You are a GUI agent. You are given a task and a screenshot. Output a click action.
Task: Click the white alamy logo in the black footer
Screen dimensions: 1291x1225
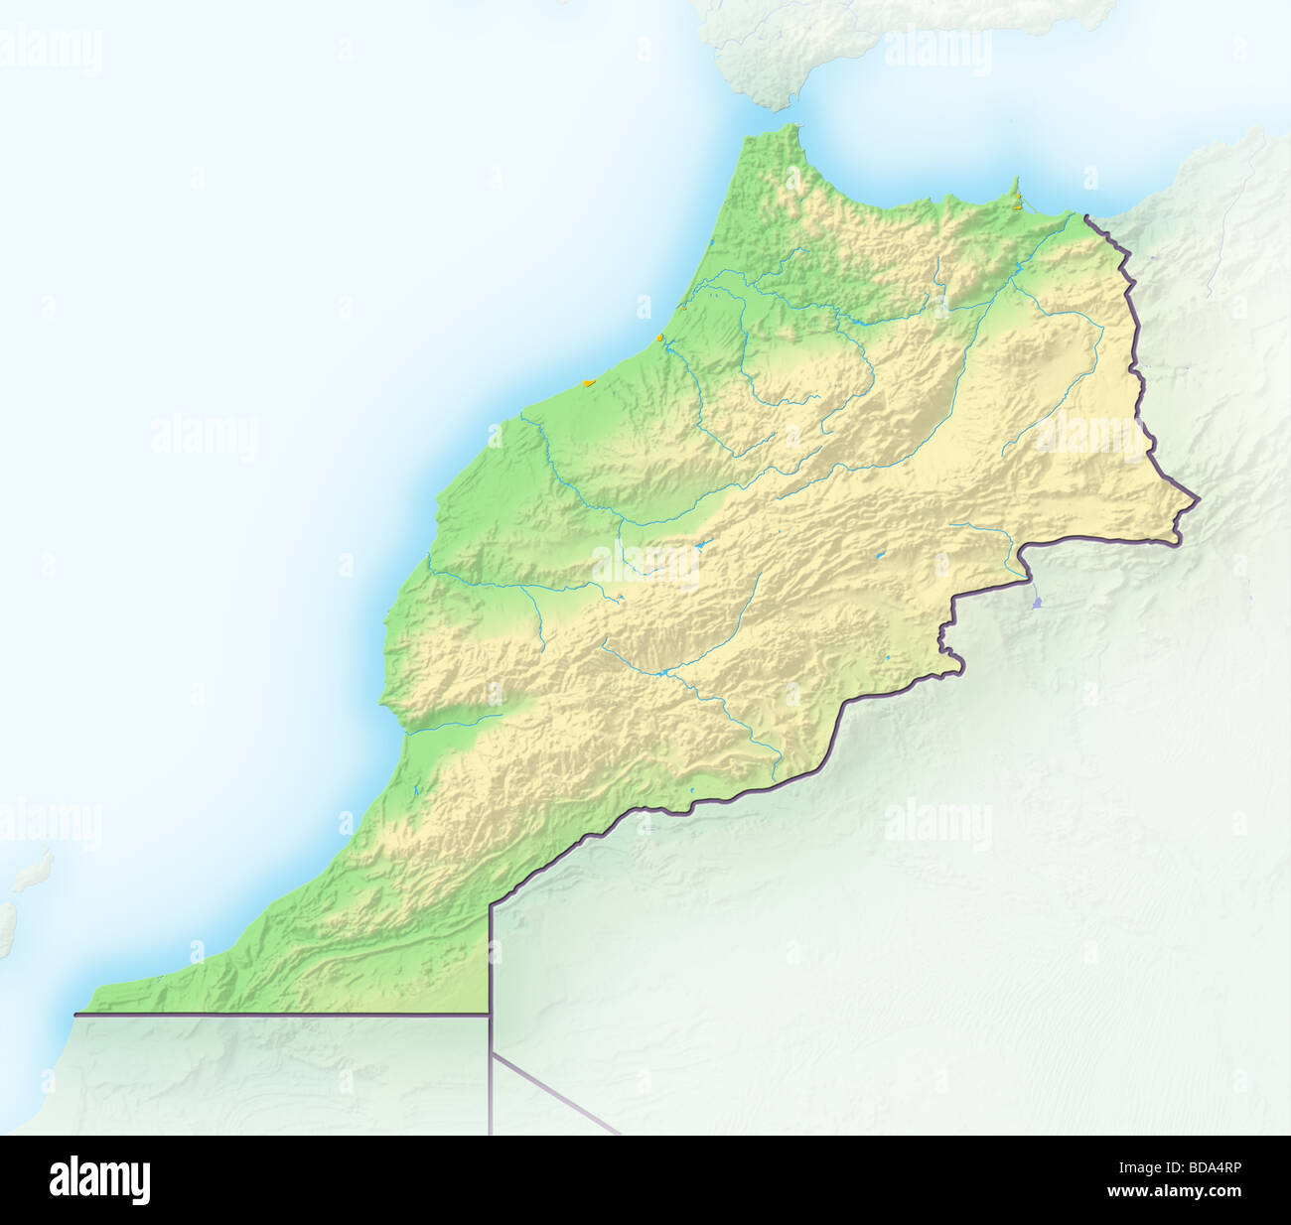tap(99, 1180)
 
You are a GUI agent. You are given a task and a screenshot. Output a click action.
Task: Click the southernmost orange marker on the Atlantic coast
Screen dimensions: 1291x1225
tap(589, 381)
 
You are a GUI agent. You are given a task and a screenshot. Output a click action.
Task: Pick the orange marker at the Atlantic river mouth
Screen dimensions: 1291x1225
tap(659, 338)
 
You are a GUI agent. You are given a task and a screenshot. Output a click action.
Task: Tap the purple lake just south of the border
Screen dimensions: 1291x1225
tap(1037, 602)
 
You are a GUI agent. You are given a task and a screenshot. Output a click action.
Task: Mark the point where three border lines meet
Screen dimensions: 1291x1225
tap(491, 1014)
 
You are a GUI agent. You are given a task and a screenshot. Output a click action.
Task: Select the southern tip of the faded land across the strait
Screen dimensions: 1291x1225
tap(770, 104)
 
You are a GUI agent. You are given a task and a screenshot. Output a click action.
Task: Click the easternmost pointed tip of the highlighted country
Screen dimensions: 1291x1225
tap(1199, 500)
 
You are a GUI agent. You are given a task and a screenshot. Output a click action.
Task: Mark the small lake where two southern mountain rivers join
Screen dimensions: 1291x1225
tap(661, 673)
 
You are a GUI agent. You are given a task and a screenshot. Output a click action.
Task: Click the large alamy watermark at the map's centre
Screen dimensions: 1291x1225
tap(645, 563)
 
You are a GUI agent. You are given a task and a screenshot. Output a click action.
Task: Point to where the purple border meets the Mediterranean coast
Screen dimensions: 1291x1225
tap(1085, 215)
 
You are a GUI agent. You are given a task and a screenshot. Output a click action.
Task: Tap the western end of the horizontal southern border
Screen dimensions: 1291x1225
tap(76, 1015)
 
